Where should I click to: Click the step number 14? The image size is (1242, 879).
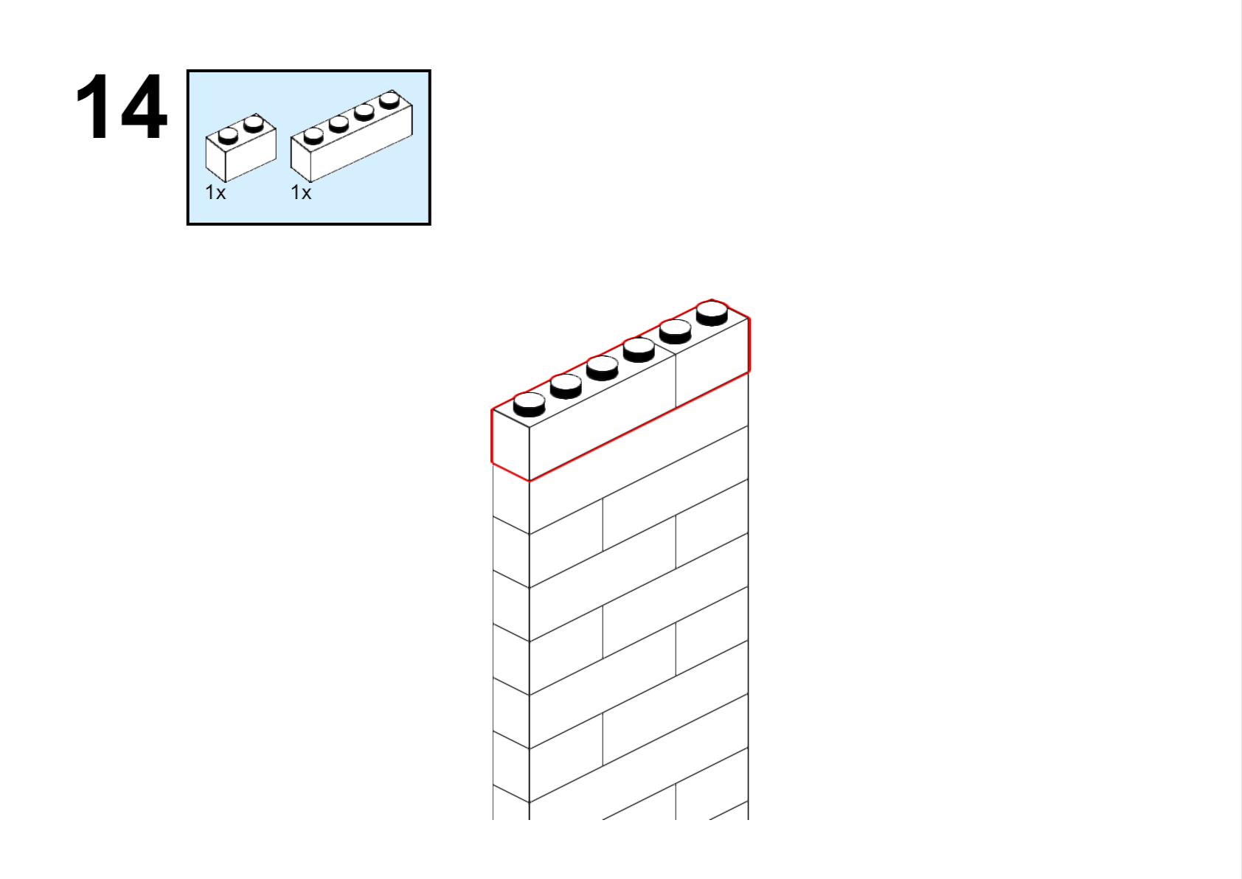[121, 106]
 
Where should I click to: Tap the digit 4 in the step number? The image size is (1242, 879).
[143, 106]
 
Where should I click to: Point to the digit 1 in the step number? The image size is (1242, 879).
[92, 106]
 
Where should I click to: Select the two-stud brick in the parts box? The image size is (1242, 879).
[240, 148]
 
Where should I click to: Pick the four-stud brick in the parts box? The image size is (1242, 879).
[352, 136]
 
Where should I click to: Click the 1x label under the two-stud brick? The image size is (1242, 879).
[215, 193]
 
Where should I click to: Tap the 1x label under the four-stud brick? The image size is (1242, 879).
[301, 193]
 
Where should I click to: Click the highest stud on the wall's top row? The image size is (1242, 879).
[712, 313]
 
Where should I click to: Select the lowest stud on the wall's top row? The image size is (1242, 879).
[529, 405]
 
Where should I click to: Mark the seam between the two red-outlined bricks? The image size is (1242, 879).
[676, 381]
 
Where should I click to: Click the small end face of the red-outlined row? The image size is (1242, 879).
[510, 445]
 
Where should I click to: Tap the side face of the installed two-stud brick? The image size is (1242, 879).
[712, 363]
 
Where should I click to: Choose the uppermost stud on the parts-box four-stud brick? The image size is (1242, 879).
[390, 100]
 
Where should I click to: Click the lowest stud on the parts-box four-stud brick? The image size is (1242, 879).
[313, 136]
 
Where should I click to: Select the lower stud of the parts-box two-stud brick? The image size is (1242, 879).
[228, 136]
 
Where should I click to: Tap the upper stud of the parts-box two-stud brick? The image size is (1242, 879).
[254, 124]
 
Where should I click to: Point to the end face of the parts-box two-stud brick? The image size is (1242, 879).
[215, 159]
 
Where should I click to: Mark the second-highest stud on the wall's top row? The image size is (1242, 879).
[676, 331]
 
